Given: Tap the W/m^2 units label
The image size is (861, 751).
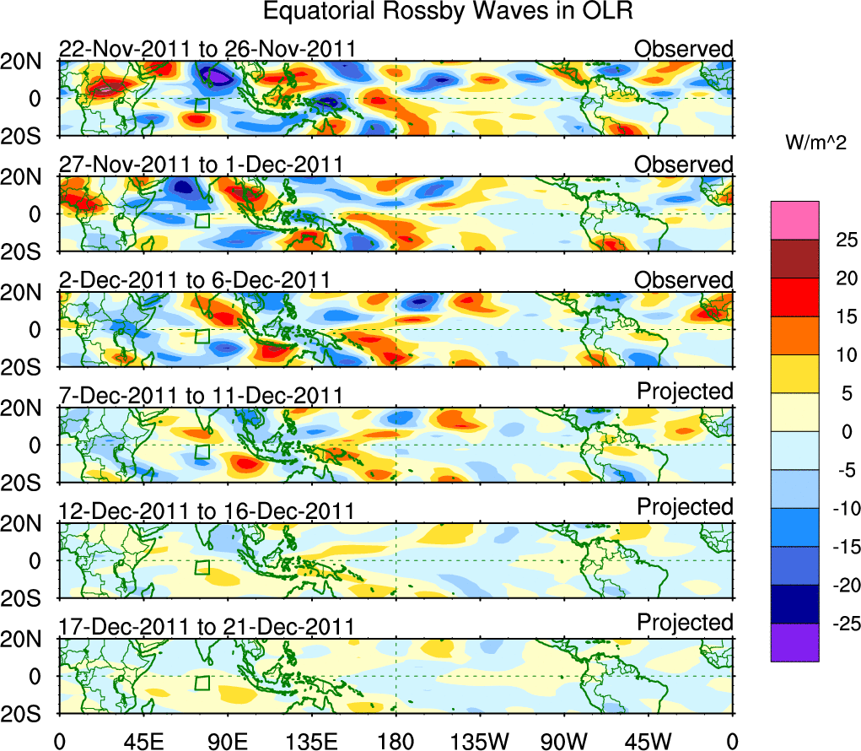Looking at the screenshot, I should pyautogui.click(x=816, y=143).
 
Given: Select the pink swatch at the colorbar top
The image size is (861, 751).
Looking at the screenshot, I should pyautogui.click(x=794, y=220).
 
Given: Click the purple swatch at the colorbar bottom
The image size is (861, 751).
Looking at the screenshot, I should pyautogui.click(x=794, y=642).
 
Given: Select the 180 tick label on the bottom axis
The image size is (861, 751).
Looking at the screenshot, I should pyautogui.click(x=396, y=741).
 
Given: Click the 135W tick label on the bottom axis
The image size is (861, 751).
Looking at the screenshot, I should pyautogui.click(x=480, y=741).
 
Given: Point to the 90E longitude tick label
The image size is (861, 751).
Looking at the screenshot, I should pyautogui.click(x=227, y=741).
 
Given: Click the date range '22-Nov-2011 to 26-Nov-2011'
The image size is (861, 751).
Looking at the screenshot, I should pyautogui.click(x=207, y=50).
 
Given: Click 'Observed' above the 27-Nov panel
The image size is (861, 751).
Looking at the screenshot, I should pyautogui.click(x=684, y=165).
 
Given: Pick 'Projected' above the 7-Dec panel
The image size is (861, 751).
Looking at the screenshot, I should pyautogui.click(x=685, y=392).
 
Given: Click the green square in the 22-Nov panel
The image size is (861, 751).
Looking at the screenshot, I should pyautogui.click(x=202, y=105).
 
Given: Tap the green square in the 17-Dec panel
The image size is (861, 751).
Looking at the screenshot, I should pyautogui.click(x=202, y=683).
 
